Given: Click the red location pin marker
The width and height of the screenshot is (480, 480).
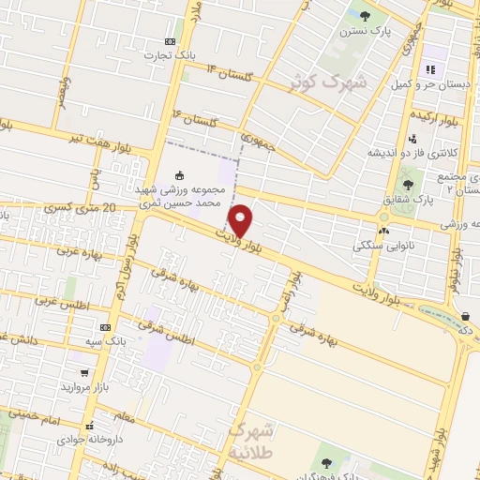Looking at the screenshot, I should tap(241, 219).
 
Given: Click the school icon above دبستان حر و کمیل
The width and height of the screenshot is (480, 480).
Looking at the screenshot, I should tap(431, 68).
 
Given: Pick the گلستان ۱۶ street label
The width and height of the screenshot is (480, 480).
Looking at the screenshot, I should tap(194, 119).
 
